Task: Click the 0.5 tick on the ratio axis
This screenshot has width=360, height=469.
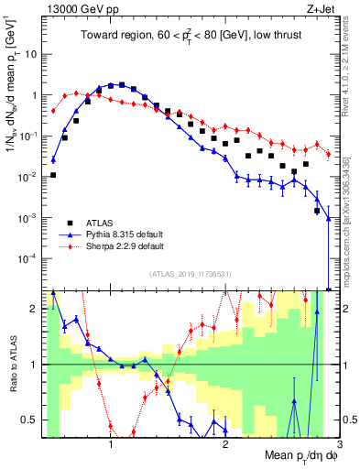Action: click(x=29, y=420)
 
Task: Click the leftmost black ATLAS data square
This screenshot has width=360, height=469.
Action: click(x=53, y=175)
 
